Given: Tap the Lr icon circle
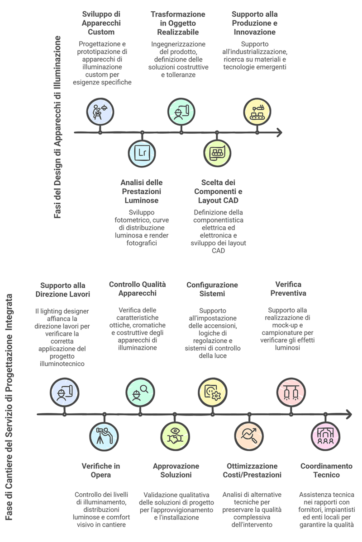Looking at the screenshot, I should pyautogui.click(x=142, y=153).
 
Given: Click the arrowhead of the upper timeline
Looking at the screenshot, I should pyautogui.click(x=278, y=132).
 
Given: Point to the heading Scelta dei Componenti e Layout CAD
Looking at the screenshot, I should pyautogui.click(x=218, y=191).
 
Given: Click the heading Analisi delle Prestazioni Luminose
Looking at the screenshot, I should pyautogui.click(x=141, y=191).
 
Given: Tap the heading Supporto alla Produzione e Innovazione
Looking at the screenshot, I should pyautogui.click(x=254, y=23).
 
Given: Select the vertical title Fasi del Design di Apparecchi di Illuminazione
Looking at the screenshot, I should pyautogui.click(x=58, y=128).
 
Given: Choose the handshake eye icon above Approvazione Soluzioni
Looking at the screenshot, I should pyautogui.click(x=175, y=436).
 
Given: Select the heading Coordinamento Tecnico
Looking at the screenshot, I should pyautogui.click(x=326, y=470).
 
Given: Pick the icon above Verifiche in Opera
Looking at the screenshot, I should pyautogui.click(x=104, y=436).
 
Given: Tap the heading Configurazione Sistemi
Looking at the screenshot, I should pyautogui.click(x=212, y=290).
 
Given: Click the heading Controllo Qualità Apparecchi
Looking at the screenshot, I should pyautogui.click(x=137, y=289).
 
